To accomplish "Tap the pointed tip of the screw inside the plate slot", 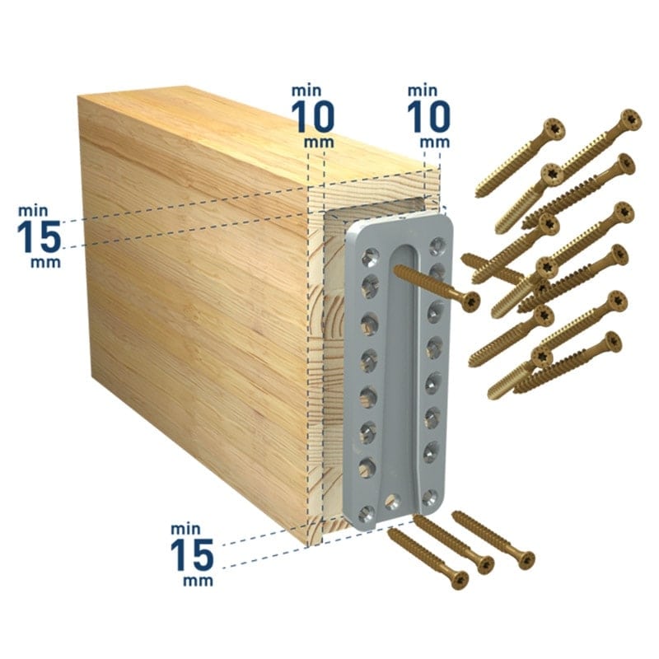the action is click(395, 270).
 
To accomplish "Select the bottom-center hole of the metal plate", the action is click(392, 501).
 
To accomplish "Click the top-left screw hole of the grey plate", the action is click(370, 257).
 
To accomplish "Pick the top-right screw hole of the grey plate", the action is click(437, 245).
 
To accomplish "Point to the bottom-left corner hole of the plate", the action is click(367, 513).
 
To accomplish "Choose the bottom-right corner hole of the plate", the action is click(430, 498).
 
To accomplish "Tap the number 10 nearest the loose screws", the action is click(428, 116).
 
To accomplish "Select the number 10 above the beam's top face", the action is click(313, 116).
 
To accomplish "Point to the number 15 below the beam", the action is click(192, 555).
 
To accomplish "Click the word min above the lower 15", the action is click(185, 528).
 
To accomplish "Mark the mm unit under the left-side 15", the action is click(45, 263).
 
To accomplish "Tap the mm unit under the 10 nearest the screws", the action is click(435, 143).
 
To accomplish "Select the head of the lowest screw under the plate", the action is click(459, 580).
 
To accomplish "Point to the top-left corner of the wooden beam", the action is click(78, 96).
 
